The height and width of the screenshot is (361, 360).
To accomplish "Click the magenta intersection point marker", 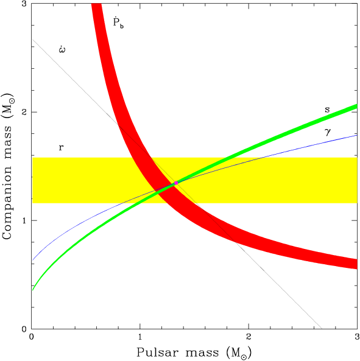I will [176, 183].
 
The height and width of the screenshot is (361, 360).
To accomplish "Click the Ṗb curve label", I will [118, 24].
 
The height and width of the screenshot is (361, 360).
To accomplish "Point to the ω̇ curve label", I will [63, 49].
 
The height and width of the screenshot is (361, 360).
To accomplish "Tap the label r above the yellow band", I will [61, 147].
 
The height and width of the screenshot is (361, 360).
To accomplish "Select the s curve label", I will [327, 110].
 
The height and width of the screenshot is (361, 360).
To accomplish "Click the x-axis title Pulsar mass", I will [194, 352].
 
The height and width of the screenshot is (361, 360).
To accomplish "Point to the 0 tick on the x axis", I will [32, 337].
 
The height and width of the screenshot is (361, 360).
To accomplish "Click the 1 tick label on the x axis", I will [140, 337].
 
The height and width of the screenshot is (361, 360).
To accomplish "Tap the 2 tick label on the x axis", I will [249, 337].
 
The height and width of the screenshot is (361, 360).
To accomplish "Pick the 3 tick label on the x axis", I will [357, 337].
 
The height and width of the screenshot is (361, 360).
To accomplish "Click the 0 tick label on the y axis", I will [23, 329].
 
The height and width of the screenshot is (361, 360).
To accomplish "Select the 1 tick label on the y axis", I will [23, 220].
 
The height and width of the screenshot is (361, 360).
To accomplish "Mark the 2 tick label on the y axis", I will [23, 112].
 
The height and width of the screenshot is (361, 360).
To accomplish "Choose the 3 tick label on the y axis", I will [23, 4].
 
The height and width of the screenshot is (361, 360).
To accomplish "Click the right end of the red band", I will [356, 264].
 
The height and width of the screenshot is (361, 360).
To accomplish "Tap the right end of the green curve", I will [356, 107].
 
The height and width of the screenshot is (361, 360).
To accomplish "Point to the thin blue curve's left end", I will [33, 261].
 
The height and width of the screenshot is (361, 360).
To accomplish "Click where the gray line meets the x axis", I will [320, 328].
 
